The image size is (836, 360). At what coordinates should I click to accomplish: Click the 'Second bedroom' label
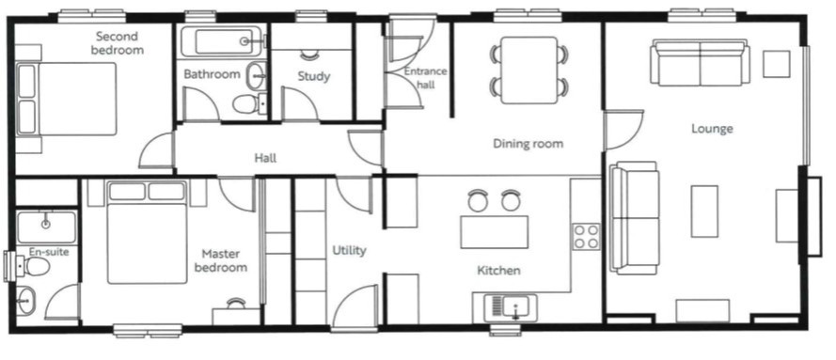[x=117, y=43]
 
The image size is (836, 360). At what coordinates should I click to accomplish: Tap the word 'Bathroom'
[x=212, y=74]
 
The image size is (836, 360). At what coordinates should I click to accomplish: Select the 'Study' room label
[x=313, y=76]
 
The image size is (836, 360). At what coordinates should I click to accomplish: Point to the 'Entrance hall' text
[x=425, y=78]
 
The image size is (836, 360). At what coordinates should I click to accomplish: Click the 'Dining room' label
[x=528, y=143]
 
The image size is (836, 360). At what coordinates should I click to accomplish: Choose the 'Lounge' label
[x=712, y=129]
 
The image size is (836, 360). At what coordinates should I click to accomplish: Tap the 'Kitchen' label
[x=498, y=271]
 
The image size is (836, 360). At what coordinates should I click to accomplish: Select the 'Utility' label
[x=349, y=250]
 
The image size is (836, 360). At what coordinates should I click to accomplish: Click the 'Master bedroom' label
[x=221, y=260]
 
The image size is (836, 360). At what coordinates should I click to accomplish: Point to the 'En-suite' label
[x=49, y=251]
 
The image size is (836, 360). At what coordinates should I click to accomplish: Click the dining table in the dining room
[x=530, y=70]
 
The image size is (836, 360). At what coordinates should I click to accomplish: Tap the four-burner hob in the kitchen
[x=586, y=237]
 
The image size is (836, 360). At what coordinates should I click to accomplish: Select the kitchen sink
[x=509, y=307]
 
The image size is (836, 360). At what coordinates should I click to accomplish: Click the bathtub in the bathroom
[x=221, y=41]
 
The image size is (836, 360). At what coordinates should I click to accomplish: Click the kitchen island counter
[x=495, y=231]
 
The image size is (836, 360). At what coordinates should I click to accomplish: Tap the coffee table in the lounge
[x=704, y=211]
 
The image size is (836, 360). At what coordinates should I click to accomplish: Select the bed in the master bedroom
[x=148, y=231]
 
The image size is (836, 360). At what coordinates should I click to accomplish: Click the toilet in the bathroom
[x=249, y=103]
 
